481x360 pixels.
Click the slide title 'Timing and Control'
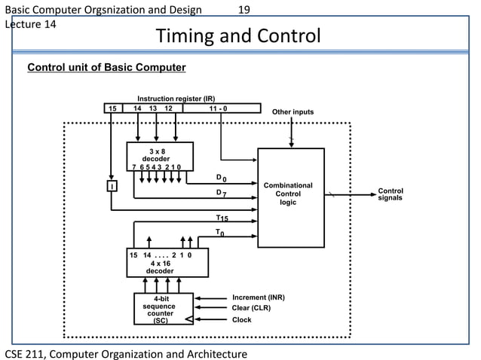pyautogui.click(x=237, y=36)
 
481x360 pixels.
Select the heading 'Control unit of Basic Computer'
pyautogui.click(x=106, y=68)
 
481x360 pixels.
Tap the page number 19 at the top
pyautogui.click(x=244, y=10)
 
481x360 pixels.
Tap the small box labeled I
pyautogui.click(x=111, y=186)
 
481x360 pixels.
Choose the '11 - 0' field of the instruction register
pyautogui.click(x=222, y=108)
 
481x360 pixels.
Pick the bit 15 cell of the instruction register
pyautogui.click(x=112, y=108)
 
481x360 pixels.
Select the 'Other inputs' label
pyautogui.click(x=293, y=112)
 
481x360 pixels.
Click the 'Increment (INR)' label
pyautogui.click(x=259, y=297)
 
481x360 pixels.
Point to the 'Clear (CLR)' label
pyautogui.click(x=251, y=308)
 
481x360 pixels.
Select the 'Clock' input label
pyautogui.click(x=242, y=319)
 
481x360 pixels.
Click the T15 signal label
pyautogui.click(x=222, y=218)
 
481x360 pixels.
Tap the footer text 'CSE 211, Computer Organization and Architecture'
pyautogui.click(x=127, y=353)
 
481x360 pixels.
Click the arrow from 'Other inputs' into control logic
pyautogui.click(x=292, y=133)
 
